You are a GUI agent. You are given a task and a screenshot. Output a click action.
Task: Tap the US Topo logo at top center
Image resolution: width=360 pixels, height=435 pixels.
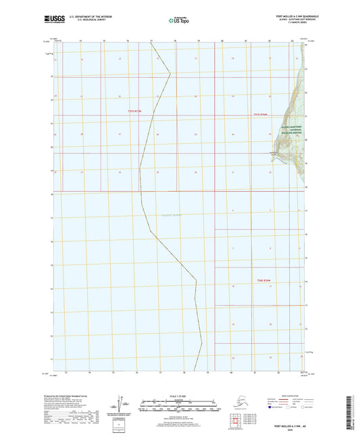tap(178, 20)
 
